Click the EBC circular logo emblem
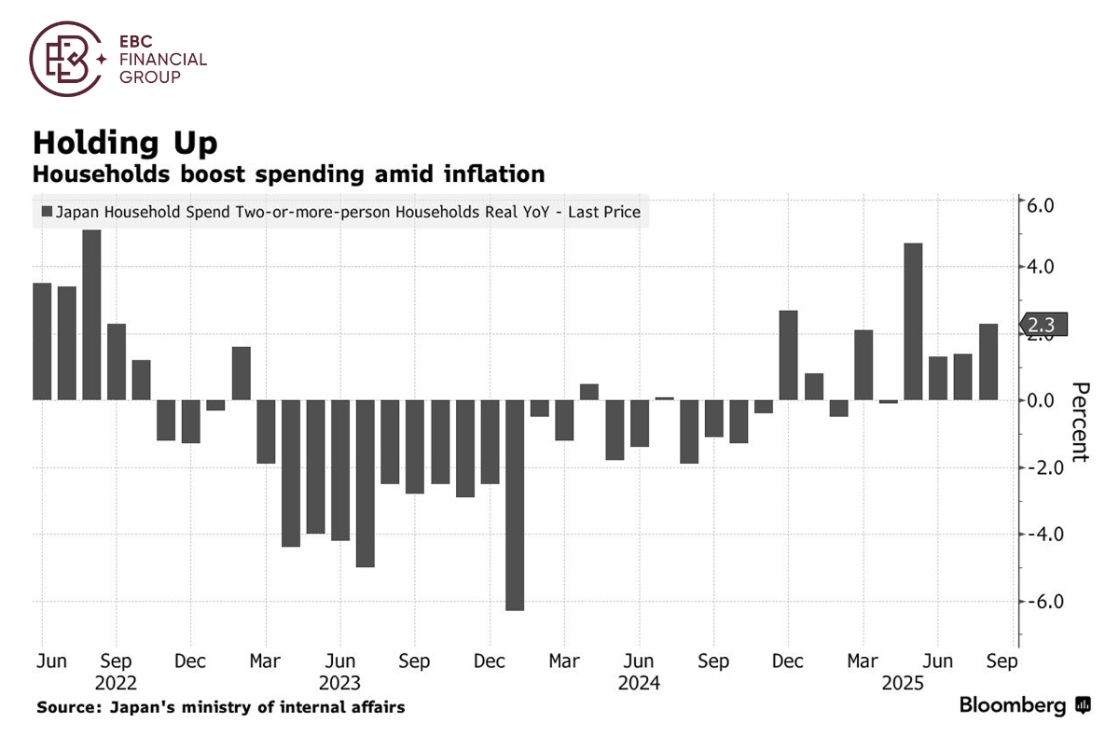(64, 60)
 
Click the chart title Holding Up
(125, 143)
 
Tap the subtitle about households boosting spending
(288, 174)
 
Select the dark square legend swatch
(46, 213)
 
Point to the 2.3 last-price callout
(1043, 325)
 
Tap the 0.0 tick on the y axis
(1043, 401)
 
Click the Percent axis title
(1080, 422)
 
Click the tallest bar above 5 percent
(91, 314)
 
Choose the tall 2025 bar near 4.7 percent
(914, 321)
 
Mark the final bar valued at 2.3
(988, 362)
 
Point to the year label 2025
(902, 682)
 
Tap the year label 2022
(115, 682)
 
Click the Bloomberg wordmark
(1013, 705)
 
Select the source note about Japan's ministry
(221, 707)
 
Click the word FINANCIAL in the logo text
(162, 60)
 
